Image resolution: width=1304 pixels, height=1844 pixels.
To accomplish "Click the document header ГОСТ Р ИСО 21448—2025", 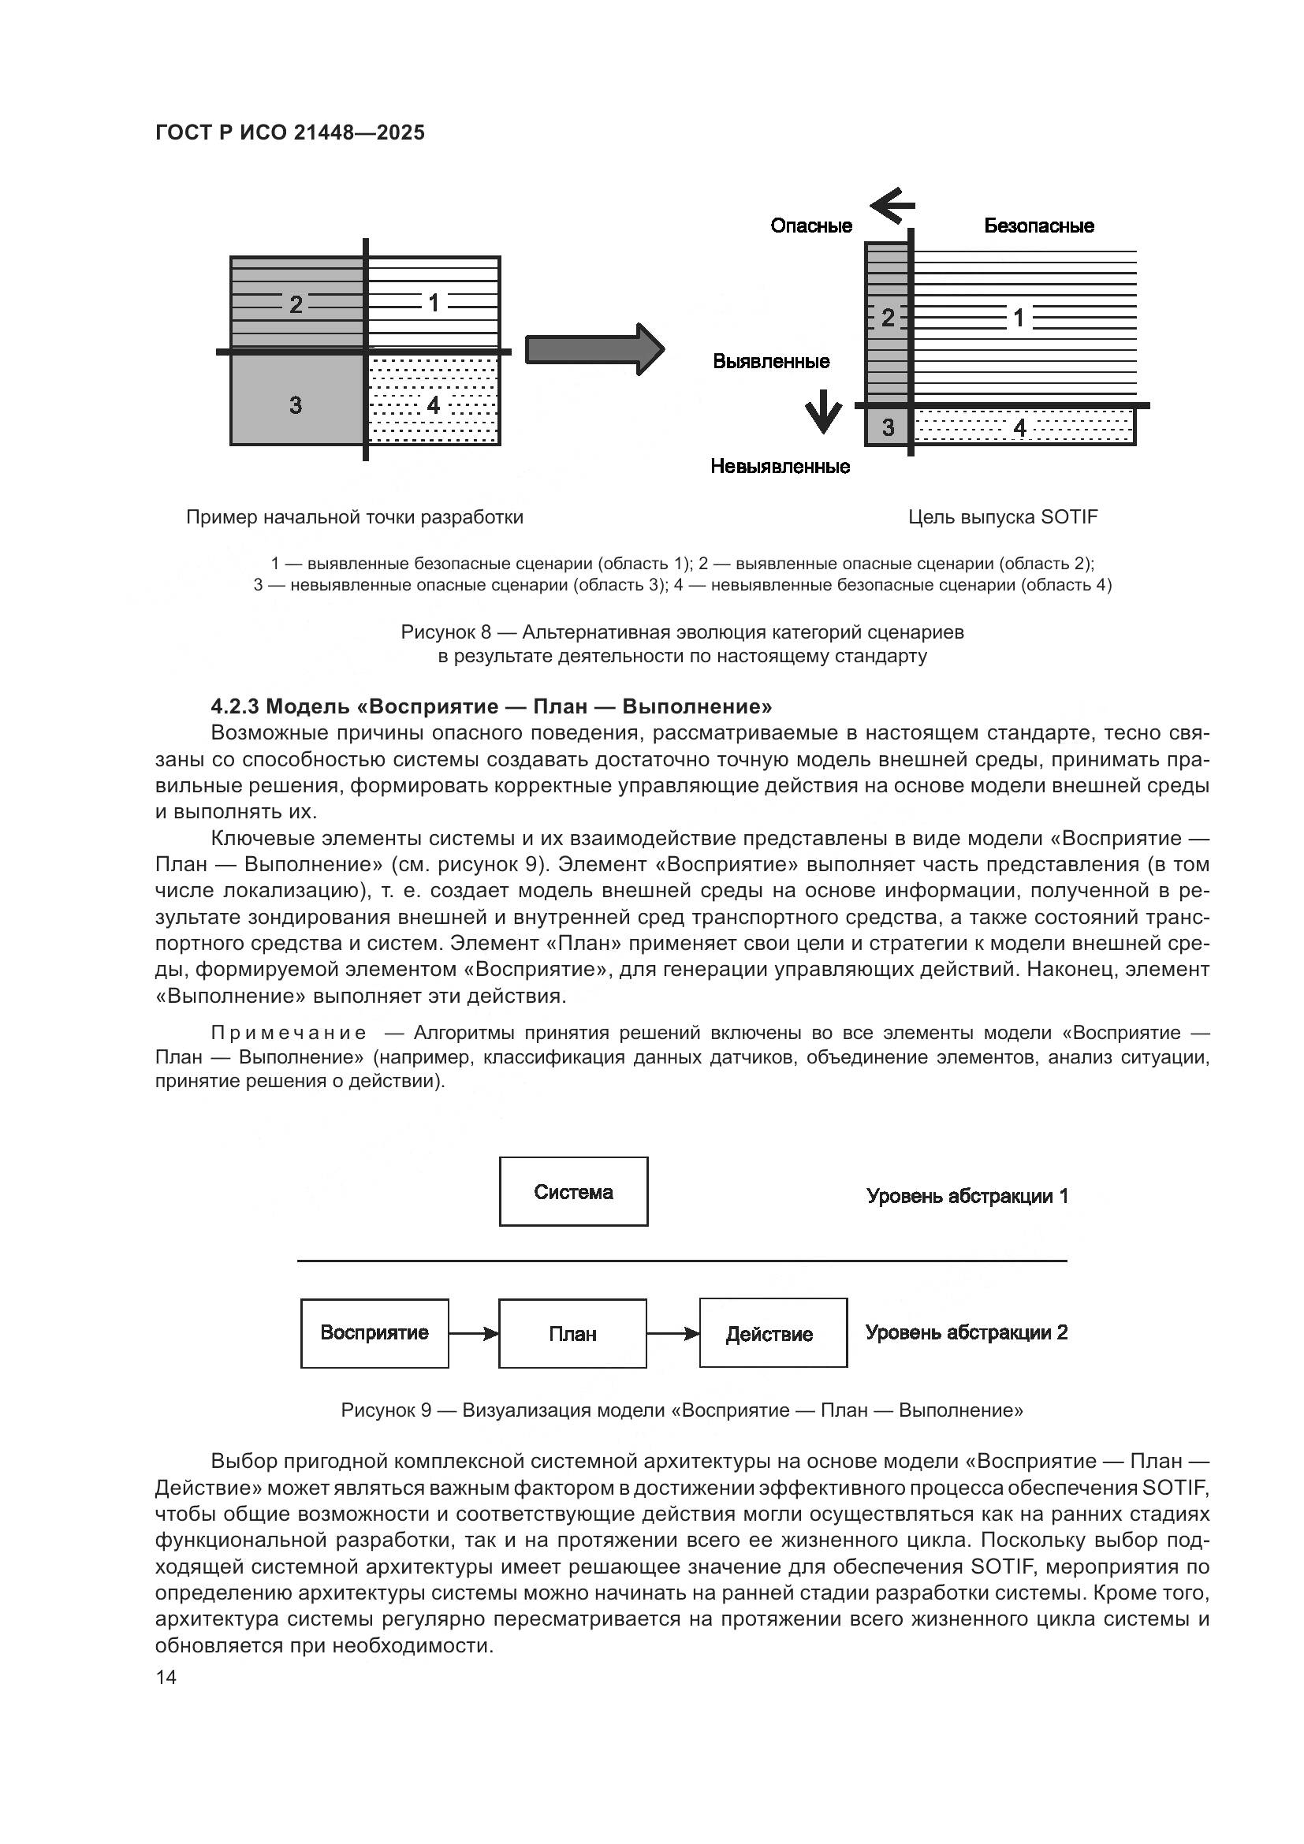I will [290, 133].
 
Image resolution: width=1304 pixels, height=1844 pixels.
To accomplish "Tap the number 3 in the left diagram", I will [296, 404].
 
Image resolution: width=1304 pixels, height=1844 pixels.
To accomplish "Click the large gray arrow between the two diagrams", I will [595, 349].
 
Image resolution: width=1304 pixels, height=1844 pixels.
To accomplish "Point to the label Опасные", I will [811, 225].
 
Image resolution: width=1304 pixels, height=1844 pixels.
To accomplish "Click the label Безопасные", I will [1039, 225].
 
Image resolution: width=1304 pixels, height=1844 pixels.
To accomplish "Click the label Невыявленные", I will [780, 467].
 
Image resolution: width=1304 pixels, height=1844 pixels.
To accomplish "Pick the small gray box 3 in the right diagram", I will [887, 427].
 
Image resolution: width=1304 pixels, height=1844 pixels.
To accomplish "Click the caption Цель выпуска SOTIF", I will [1003, 517].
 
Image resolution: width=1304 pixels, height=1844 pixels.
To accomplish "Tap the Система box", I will [573, 1192].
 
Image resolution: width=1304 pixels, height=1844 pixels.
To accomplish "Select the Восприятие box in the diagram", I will [374, 1333].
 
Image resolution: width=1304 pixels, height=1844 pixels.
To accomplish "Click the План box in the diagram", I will [572, 1334].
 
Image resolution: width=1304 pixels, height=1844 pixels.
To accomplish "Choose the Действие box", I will [773, 1333].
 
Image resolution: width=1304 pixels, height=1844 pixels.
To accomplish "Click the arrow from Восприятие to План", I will [474, 1334].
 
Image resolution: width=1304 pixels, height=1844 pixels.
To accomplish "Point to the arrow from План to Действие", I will [672, 1334].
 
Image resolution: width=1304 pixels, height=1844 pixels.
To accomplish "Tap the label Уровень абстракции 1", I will [967, 1196].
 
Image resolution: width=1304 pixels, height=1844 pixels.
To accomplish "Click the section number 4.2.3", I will [234, 706].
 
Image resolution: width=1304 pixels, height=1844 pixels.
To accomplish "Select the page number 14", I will [166, 1678].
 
